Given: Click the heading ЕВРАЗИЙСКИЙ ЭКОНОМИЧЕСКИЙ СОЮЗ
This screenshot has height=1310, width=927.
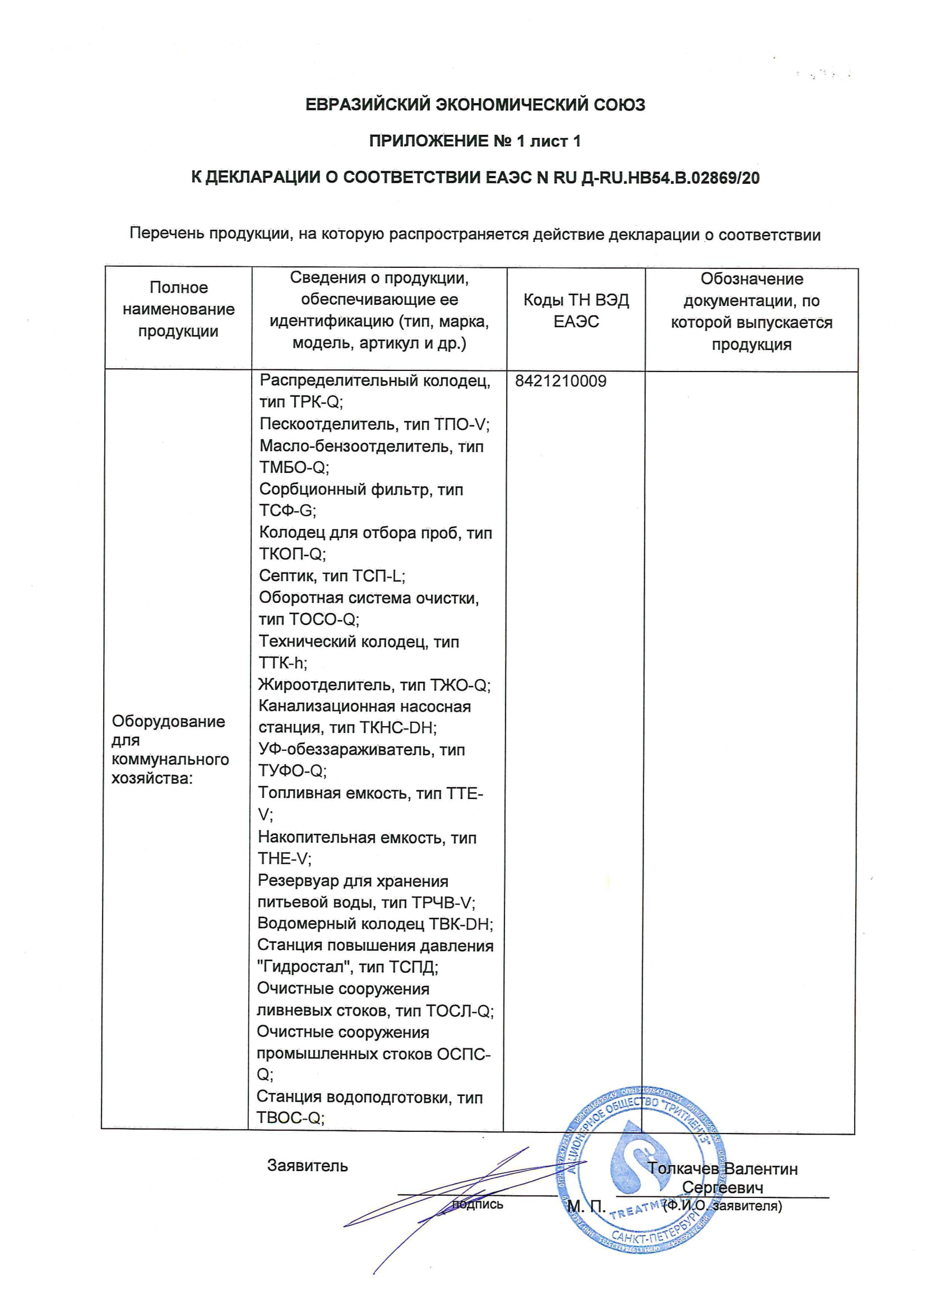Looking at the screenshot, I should tap(475, 105).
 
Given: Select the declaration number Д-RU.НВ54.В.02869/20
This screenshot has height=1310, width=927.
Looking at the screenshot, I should tap(670, 178).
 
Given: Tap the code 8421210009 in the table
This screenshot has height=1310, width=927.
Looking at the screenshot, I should tap(560, 381).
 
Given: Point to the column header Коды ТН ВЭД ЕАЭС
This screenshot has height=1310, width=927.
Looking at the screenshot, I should tap(576, 311).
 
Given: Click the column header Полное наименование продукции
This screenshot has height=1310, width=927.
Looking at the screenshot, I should tap(178, 309).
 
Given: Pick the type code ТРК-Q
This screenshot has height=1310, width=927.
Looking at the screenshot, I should tap(315, 402).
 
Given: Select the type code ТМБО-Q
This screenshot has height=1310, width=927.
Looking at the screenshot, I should tap(293, 467).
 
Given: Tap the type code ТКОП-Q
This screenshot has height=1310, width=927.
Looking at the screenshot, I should tap(291, 554).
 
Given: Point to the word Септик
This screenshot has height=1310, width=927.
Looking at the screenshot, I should tap(288, 575).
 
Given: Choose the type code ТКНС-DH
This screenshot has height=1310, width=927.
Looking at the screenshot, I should tap(398, 727).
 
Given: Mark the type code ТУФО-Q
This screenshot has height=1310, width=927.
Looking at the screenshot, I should tap(291, 771).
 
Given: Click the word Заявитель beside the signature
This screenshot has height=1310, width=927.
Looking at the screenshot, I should tap(307, 1165).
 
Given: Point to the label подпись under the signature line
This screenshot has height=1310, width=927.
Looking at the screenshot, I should tap(478, 1205).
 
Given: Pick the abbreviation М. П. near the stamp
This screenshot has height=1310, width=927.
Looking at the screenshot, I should tap(586, 1207).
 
